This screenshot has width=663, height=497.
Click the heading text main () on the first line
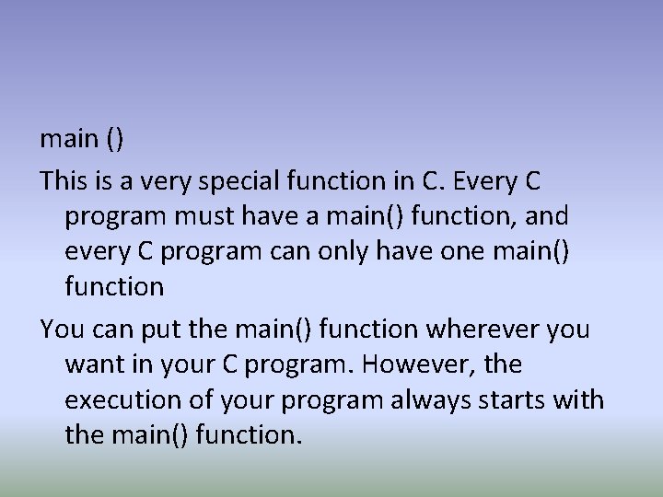tap(82, 139)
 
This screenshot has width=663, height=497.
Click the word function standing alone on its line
tap(114, 286)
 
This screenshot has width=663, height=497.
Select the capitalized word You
tap(60, 328)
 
